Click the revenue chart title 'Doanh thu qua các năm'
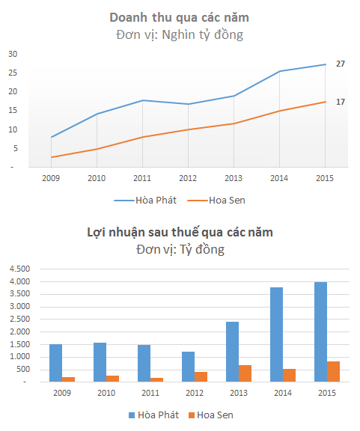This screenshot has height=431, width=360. click(x=180, y=18)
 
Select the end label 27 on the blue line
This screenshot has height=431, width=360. click(x=341, y=64)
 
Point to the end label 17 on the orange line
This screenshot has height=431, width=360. click(x=341, y=102)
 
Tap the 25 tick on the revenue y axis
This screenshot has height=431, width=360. click(x=13, y=73)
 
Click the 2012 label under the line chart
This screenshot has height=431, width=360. click(x=188, y=178)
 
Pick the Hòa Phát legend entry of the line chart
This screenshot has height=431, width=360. click(x=145, y=200)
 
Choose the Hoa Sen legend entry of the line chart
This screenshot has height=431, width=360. click(x=216, y=200)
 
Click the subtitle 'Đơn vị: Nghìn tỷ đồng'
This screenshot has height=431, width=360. click(x=180, y=35)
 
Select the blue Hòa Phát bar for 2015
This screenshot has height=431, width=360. click(x=320, y=331)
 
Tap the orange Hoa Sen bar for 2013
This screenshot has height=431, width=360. click(x=245, y=373)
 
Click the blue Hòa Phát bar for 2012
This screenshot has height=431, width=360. click(x=188, y=367)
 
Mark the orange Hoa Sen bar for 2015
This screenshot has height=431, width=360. click(x=333, y=372)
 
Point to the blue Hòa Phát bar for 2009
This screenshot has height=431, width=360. click(x=56, y=363)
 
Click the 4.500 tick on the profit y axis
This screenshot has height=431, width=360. click(x=19, y=269)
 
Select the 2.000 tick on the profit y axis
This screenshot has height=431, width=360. click(x=19, y=331)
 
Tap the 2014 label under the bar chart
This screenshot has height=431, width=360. click(x=283, y=393)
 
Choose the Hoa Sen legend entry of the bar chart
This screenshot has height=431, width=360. click(x=211, y=415)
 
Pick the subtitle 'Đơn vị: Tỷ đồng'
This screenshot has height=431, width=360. click(x=180, y=250)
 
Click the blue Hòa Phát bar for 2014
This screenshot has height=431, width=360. click(x=276, y=334)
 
